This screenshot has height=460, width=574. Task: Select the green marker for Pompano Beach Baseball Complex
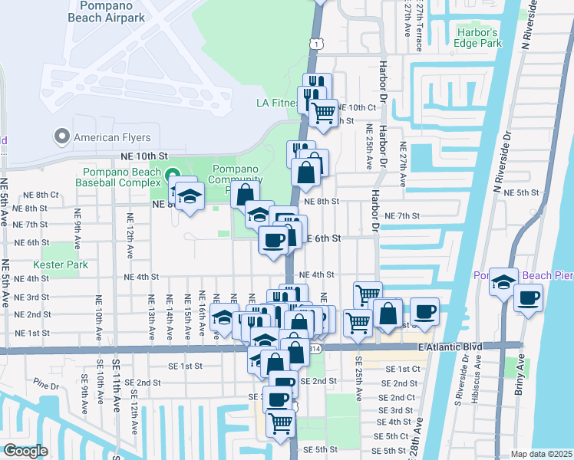[x=173, y=175]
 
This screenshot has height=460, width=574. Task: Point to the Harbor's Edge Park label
[x=477, y=38]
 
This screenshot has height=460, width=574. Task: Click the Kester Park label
[x=66, y=264]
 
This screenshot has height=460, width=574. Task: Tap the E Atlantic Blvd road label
[x=450, y=347]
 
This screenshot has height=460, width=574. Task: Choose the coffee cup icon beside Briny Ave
[x=528, y=298]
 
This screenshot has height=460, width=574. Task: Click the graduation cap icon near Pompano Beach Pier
[x=504, y=281]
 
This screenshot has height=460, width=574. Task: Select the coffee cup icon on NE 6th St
[x=273, y=240]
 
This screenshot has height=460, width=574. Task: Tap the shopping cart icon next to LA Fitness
[x=323, y=113]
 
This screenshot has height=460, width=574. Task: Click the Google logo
[x=25, y=451]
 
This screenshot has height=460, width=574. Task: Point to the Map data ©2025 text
[x=540, y=454]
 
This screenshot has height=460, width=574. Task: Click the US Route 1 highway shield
[x=315, y=46]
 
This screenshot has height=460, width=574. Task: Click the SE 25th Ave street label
[x=358, y=376]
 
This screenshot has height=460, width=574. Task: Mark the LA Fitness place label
[x=276, y=103]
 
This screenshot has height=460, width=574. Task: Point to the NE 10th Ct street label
[x=358, y=108]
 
